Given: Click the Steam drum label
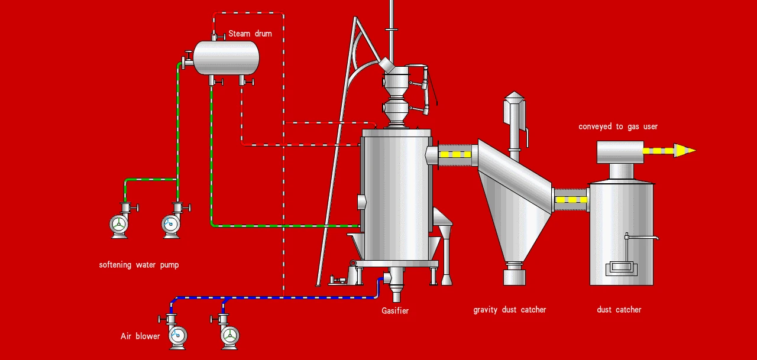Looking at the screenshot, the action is (250, 34).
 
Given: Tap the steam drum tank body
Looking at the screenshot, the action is (226, 58).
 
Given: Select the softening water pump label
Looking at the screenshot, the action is (139, 265).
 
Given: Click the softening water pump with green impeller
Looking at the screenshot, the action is (119, 225).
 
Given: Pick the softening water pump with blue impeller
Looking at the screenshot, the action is (171, 224).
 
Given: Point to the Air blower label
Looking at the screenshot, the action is (140, 336).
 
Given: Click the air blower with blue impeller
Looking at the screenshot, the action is (177, 336).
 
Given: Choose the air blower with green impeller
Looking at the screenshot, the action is (230, 336).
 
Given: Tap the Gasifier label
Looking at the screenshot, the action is (395, 311).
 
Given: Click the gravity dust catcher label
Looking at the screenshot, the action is (510, 310).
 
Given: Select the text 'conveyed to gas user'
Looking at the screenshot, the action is (618, 127).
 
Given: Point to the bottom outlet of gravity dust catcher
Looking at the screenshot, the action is (515, 275).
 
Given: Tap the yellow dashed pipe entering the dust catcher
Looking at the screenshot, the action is (571, 200).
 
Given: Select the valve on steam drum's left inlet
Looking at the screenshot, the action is (187, 59).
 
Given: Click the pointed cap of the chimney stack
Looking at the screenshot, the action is (515, 98).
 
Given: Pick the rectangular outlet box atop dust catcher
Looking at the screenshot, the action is (620, 153).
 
